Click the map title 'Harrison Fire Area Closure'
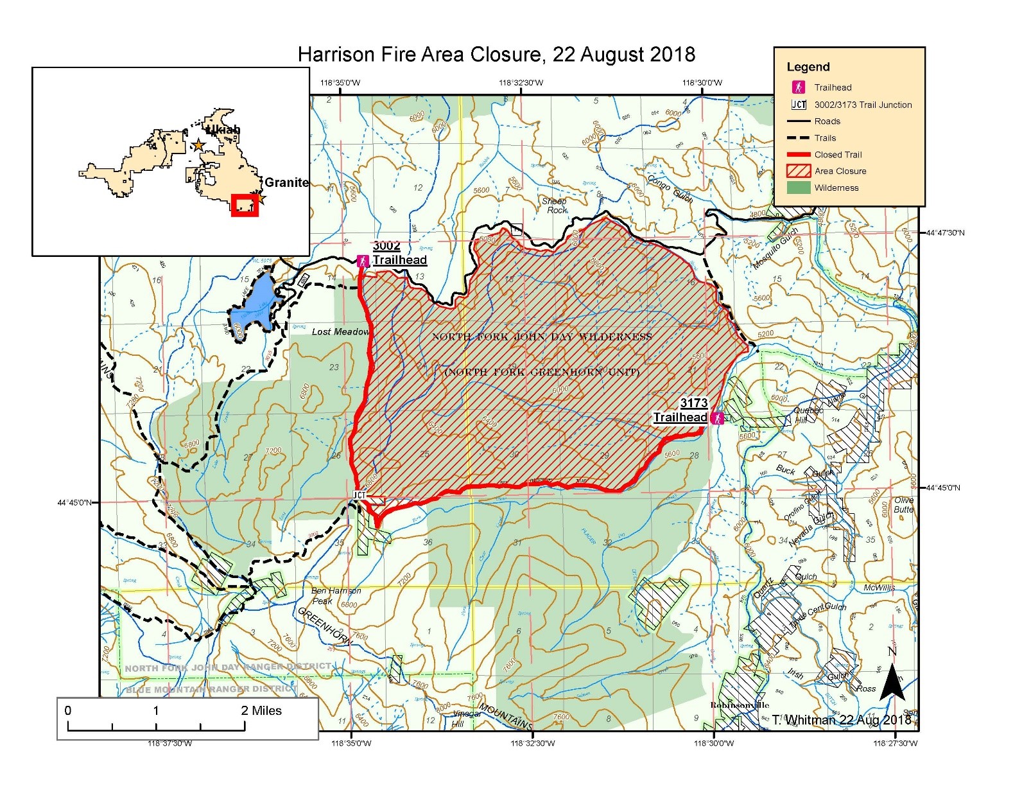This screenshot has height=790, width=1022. pos(496,54)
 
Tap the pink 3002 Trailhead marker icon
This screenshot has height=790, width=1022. pos(363,260)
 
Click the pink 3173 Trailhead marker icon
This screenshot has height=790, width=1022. pos(717,418)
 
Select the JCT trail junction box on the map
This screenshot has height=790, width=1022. pos(359,495)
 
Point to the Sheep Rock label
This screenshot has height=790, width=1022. pos(555,206)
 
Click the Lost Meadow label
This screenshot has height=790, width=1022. pos(340,331)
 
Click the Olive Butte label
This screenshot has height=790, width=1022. pos(903,505)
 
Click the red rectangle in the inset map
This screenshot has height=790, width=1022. pos(245,205)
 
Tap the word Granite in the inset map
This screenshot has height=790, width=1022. pos(286,182)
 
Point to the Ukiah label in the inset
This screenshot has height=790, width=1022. pos(222,129)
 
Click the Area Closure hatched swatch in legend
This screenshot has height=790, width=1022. pos(798,171)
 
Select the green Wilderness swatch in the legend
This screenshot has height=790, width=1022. pos(798,188)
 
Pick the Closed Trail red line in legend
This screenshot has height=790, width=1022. pos(798,154)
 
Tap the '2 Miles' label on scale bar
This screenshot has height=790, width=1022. pos(261,710)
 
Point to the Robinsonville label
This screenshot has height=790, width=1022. pos(739,705)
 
